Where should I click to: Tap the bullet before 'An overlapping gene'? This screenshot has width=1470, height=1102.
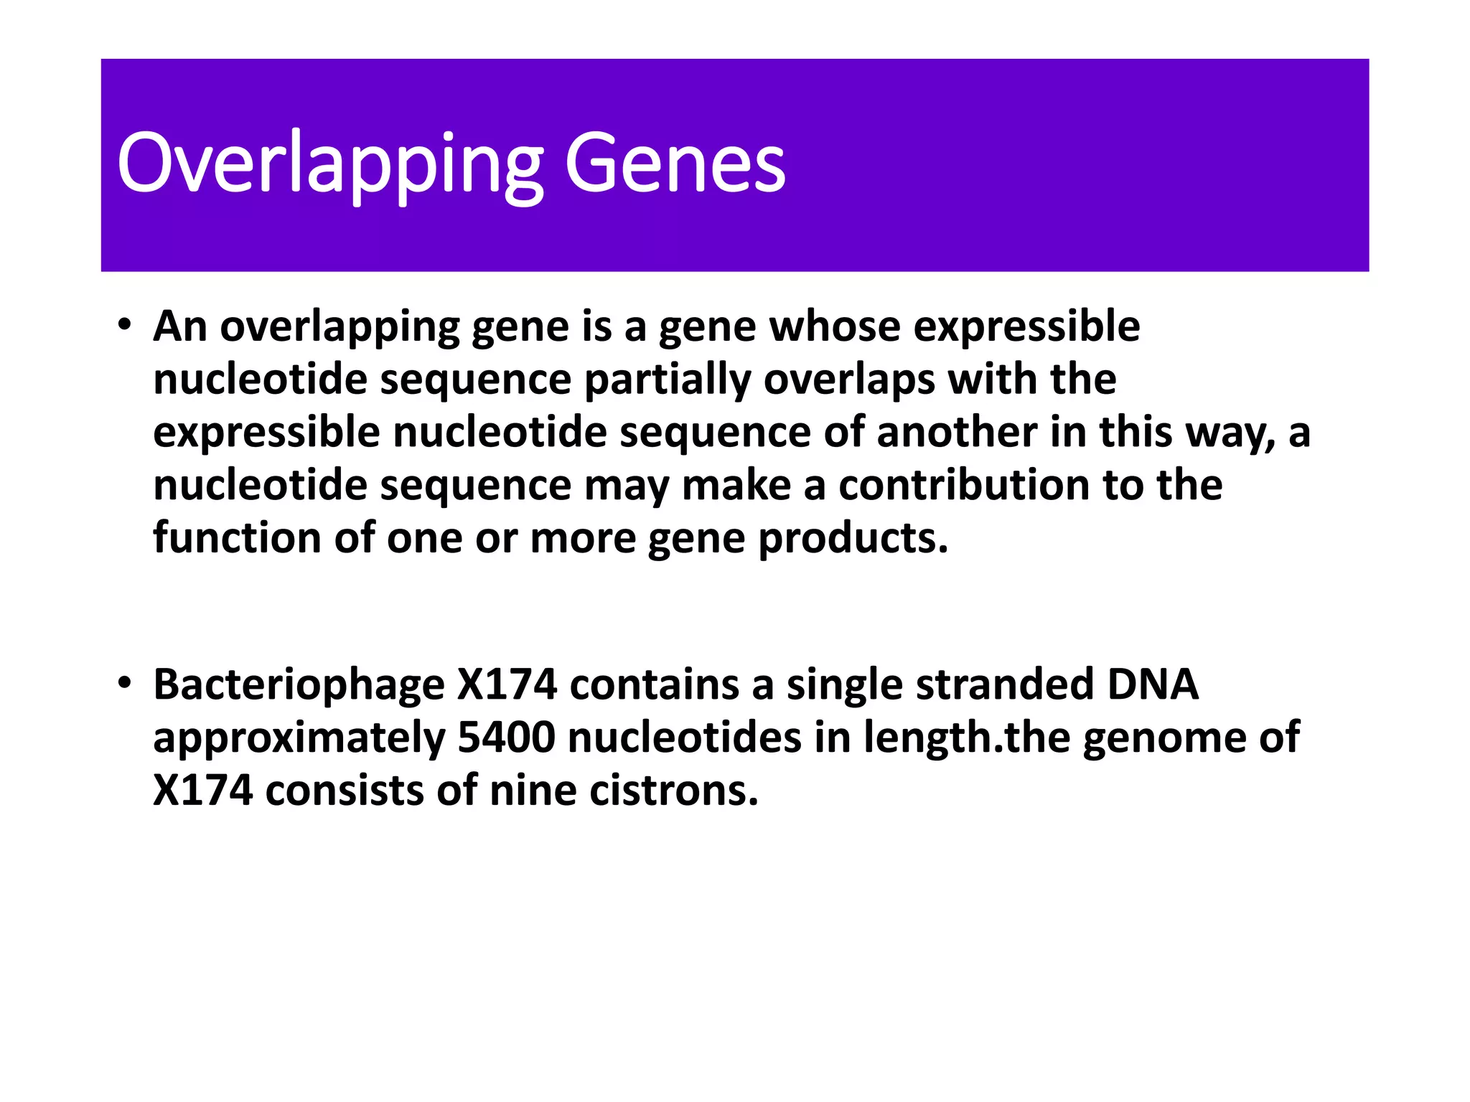coord(125,324)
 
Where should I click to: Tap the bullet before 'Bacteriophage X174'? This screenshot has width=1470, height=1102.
coord(125,682)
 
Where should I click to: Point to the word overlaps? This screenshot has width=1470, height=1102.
coord(849,379)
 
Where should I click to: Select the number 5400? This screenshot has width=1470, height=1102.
coord(506,738)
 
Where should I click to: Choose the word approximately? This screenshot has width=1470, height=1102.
coord(299,739)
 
